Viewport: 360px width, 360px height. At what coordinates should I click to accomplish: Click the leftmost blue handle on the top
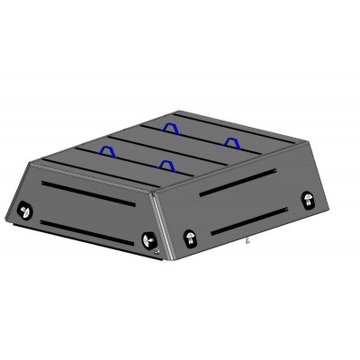108,150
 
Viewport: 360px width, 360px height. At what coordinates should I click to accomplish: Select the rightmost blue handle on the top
232,140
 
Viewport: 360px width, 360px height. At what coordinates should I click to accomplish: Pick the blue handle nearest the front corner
166,165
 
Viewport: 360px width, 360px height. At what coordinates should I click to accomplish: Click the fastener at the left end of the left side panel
24,211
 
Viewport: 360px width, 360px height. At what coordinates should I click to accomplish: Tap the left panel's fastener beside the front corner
148,240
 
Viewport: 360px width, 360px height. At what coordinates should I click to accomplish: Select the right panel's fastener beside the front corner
190,237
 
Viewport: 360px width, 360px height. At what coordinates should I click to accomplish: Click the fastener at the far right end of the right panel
306,200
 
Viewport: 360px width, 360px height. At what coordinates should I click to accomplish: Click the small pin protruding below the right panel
247,241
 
